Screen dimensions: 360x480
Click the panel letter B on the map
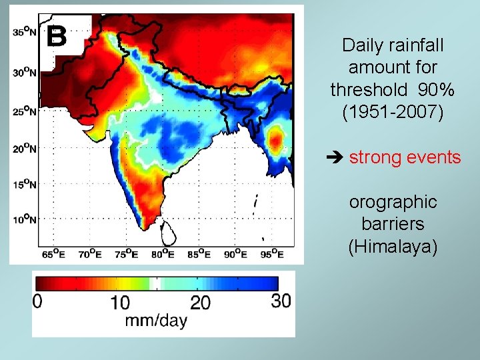[57, 36]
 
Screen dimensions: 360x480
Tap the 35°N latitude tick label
[25, 31]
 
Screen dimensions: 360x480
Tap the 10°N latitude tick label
[25, 219]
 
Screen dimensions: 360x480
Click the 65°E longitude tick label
[53, 253]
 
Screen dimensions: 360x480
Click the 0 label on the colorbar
[37, 301]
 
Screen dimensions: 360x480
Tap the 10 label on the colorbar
[119, 303]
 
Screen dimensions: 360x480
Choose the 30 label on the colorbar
[281, 301]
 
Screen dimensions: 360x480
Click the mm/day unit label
[157, 321]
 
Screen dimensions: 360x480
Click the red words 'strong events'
[405, 157]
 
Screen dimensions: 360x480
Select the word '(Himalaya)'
[393, 247]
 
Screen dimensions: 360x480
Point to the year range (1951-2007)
[393, 111]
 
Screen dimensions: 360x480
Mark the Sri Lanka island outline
[171, 231]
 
